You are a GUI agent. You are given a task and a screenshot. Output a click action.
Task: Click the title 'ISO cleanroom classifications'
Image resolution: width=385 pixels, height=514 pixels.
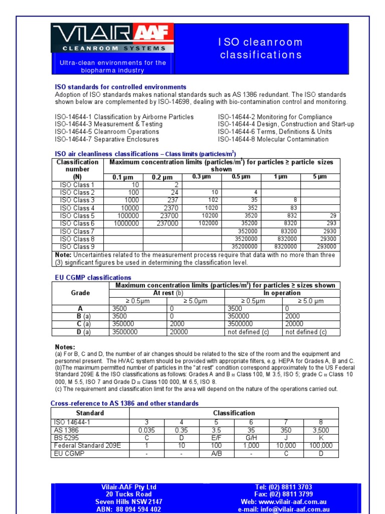click(261, 48)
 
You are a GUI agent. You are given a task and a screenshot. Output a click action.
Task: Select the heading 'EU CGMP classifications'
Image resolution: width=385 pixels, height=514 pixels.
click(93, 278)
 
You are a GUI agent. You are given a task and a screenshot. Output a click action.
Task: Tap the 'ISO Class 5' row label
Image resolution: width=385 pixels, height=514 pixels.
click(77, 216)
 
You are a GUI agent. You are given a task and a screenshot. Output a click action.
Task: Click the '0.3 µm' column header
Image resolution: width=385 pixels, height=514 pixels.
click(202, 177)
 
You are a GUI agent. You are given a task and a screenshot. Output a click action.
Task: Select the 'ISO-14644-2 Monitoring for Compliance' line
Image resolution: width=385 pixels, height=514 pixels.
click(275, 117)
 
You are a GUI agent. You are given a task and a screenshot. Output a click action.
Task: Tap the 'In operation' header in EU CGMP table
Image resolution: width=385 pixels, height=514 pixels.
click(282, 293)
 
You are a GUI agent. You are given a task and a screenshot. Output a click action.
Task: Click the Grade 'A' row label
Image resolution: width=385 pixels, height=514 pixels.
click(80, 309)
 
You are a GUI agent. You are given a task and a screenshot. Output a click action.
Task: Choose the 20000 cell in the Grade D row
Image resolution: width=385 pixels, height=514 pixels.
click(179, 332)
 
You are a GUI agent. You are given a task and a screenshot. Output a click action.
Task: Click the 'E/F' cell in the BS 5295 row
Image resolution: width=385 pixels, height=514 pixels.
click(217, 438)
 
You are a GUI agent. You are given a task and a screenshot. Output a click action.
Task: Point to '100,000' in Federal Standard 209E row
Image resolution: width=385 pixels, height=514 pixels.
click(321, 446)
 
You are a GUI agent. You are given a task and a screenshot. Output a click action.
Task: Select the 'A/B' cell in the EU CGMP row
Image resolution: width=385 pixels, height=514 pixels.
click(217, 454)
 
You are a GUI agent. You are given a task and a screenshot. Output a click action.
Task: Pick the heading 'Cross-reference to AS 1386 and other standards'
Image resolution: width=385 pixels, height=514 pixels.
click(124, 404)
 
